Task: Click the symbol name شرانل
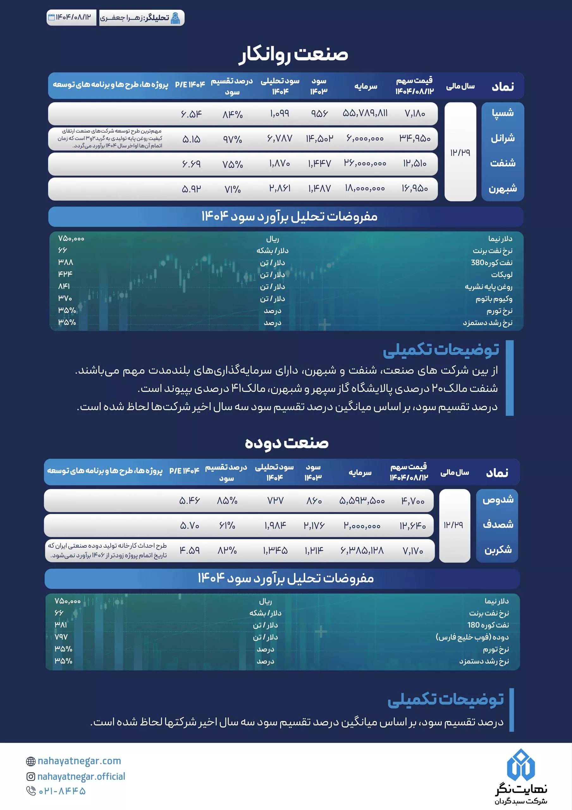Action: tap(502, 138)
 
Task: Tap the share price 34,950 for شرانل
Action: tap(415, 138)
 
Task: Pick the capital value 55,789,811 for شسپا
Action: tap(365, 113)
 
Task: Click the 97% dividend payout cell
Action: tap(232, 139)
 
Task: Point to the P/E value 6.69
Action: tap(191, 164)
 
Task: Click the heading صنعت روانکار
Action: tap(293, 54)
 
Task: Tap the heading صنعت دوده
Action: tap(286, 443)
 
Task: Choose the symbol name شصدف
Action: tap(498, 525)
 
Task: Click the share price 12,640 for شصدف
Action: tap(412, 526)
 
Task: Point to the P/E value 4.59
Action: tap(190, 550)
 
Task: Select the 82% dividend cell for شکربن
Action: tap(227, 550)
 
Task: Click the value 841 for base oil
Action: tap(64, 286)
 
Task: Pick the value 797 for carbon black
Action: tap(61, 637)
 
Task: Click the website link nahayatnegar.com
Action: tap(79, 761)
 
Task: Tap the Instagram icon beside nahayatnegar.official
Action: tap(31, 776)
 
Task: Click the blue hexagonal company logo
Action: tap(518, 764)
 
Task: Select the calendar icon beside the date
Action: tap(51, 17)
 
